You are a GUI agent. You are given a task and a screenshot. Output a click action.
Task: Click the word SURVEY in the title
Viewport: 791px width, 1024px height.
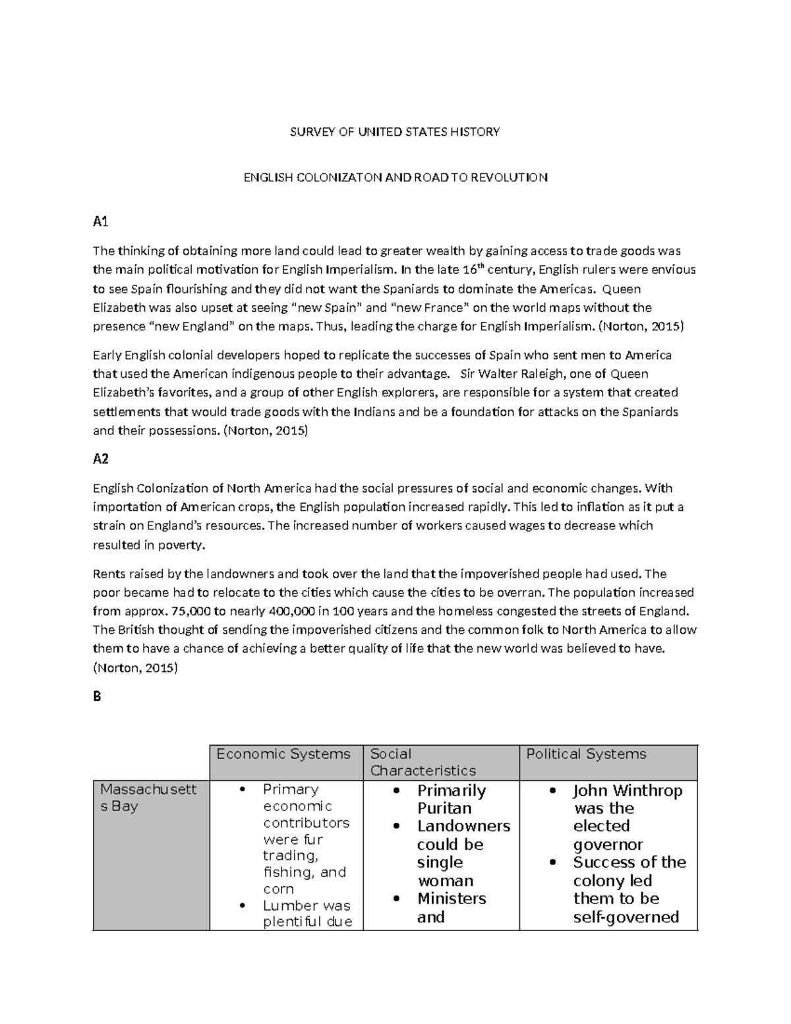coord(308,132)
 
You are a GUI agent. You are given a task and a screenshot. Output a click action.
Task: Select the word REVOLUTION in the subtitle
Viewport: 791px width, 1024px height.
coord(515,177)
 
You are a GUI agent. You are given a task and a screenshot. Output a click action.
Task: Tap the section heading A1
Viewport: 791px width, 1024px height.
coord(100,222)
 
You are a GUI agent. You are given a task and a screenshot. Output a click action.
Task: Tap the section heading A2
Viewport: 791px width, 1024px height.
coord(100,459)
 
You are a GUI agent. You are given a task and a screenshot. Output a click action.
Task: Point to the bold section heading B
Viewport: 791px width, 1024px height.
coord(97,696)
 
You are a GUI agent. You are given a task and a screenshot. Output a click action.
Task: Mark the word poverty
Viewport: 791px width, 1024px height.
coord(182,545)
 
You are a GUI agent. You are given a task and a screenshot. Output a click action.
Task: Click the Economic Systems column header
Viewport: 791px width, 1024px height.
coord(283,754)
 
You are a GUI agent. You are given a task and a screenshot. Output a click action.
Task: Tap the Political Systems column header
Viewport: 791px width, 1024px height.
coord(586,754)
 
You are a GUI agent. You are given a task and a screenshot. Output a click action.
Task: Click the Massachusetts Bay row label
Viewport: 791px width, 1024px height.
coord(148,797)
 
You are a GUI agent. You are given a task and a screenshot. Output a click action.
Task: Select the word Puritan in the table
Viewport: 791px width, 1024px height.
coord(444,808)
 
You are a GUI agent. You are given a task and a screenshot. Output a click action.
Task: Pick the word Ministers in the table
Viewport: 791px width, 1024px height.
coord(452,899)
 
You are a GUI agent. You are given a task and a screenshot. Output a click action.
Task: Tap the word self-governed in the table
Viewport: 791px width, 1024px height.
coord(626,917)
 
